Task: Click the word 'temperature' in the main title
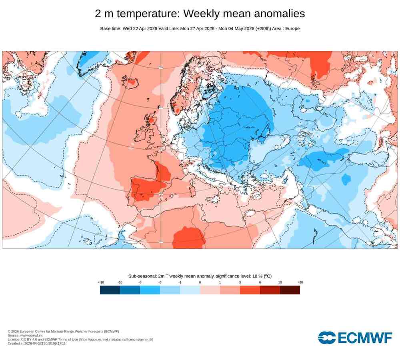(x=148, y=14)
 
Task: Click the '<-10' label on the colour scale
(x=101, y=282)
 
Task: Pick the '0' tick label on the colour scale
(x=200, y=282)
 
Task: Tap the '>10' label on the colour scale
(x=300, y=282)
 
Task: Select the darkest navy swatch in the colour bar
(x=110, y=290)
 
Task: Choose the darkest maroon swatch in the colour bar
(x=290, y=290)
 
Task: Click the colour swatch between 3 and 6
(x=250, y=290)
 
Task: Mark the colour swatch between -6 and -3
(x=150, y=290)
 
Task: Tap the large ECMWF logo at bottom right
(x=355, y=338)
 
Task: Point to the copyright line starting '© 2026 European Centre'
(x=63, y=331)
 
